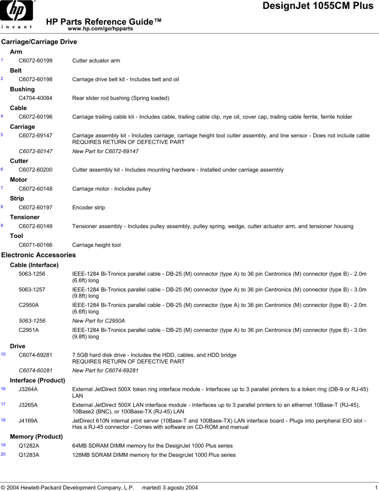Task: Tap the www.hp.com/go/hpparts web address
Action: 100,29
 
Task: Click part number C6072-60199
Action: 36,61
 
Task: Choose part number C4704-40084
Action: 36,98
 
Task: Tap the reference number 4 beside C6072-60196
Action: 2,116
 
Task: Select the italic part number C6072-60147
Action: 36,151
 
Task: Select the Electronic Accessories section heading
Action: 39,255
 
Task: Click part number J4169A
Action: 28,421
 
